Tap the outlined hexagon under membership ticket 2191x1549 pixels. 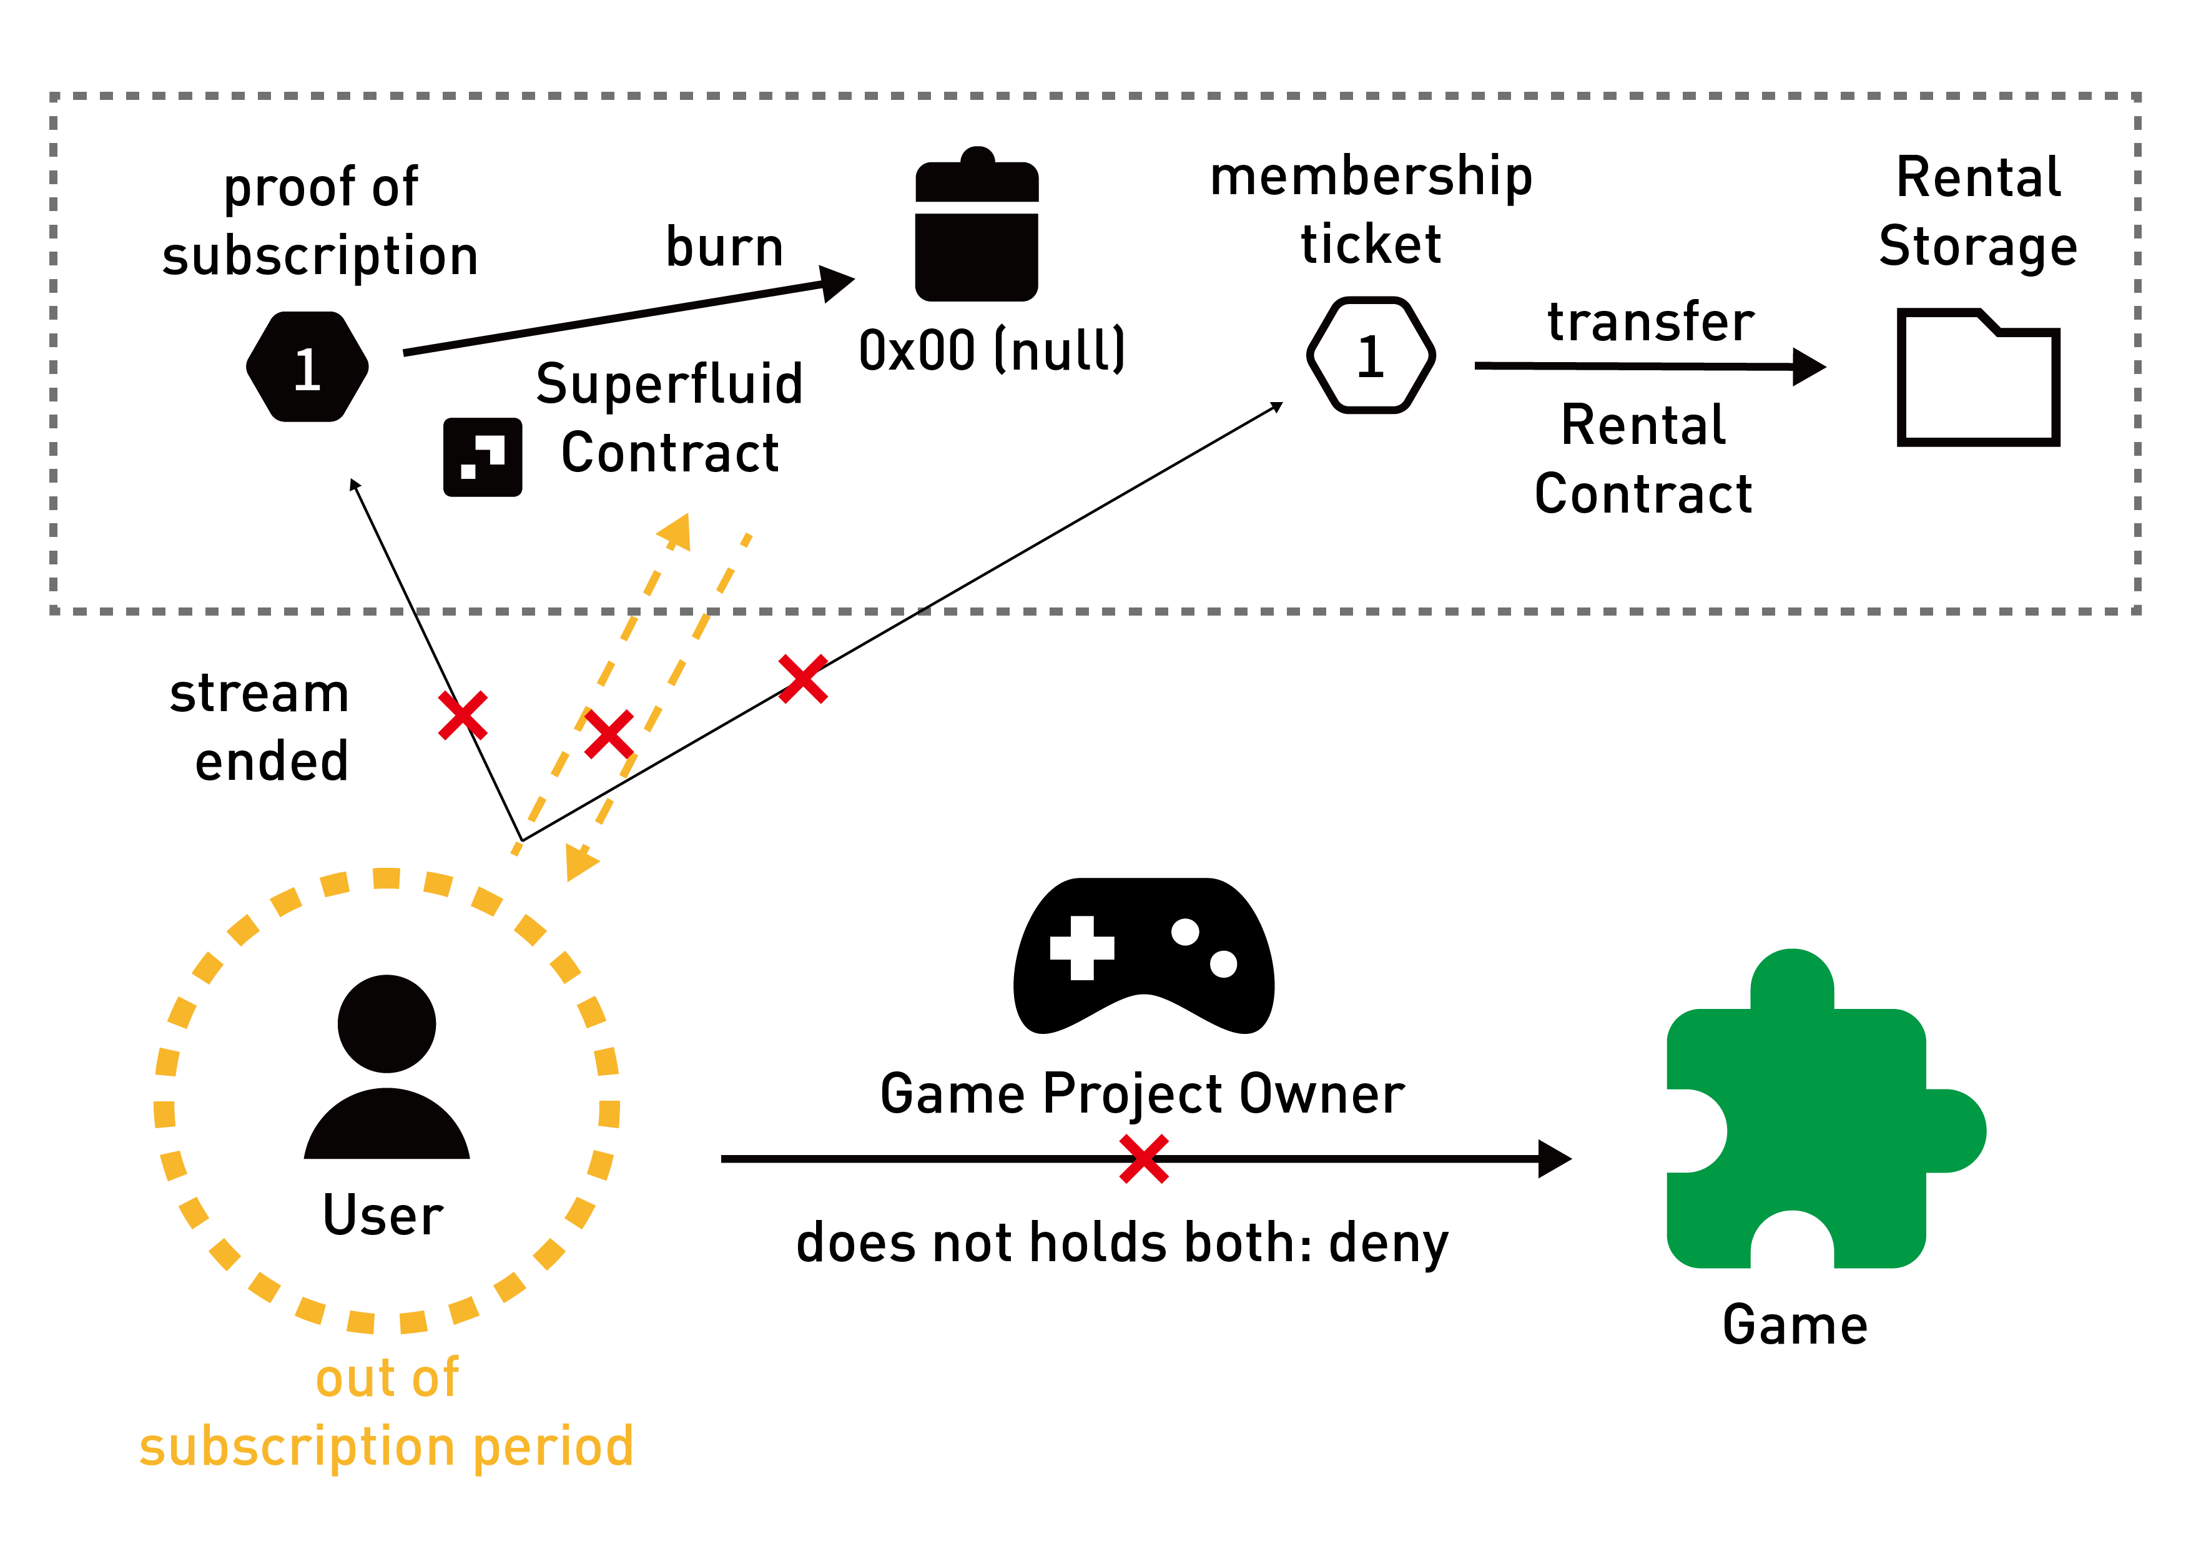pos(1371,356)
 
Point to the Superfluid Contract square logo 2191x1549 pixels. pos(483,457)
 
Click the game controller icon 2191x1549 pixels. pos(1143,956)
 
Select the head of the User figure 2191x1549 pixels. pos(387,1024)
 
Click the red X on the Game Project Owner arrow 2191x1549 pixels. pos(1144,1159)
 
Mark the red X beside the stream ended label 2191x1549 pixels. pos(463,715)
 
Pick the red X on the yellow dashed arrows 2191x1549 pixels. pos(609,734)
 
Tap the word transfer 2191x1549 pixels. pos(1650,322)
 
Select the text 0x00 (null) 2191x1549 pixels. pos(992,350)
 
